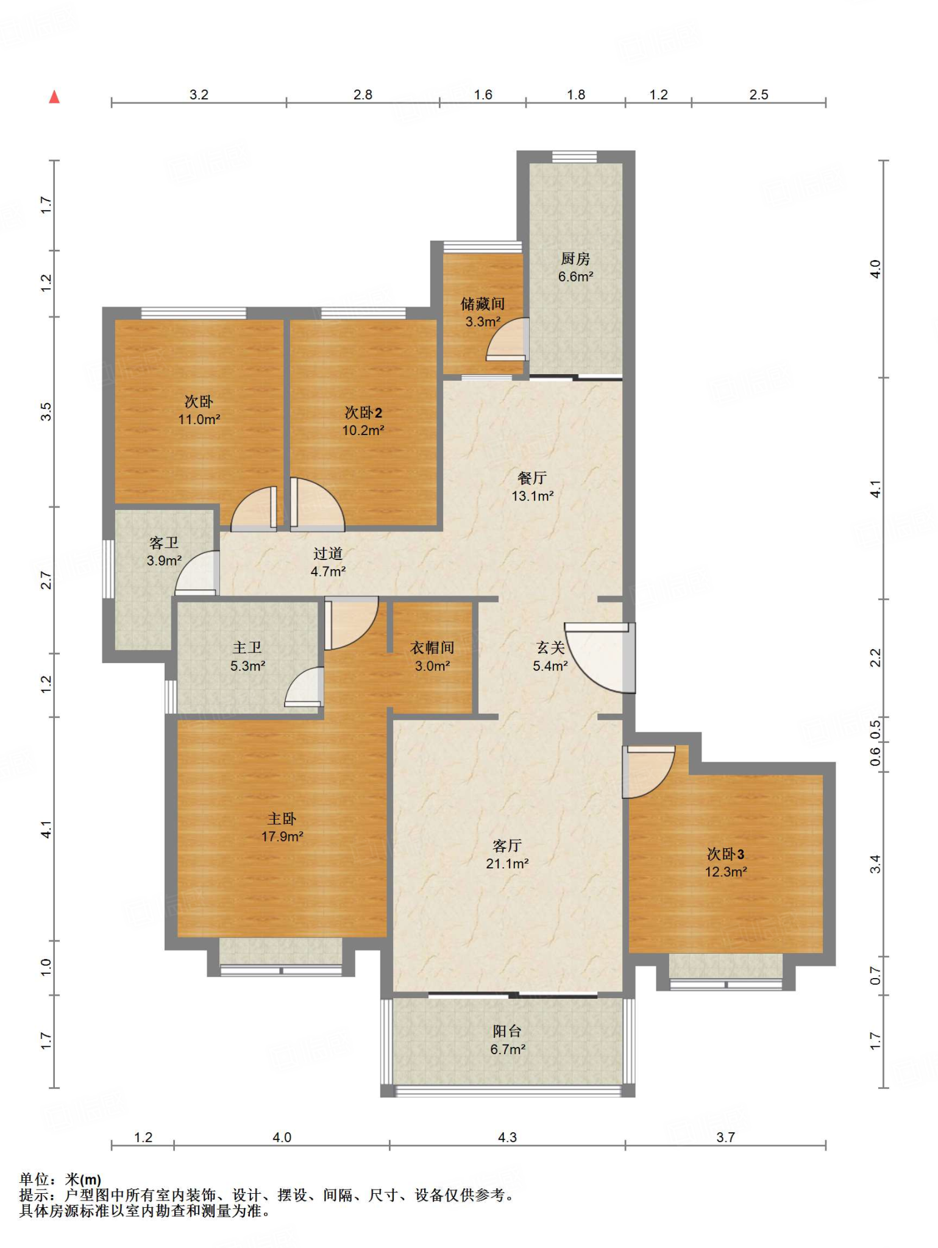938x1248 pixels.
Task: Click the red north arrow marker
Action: tap(54, 97)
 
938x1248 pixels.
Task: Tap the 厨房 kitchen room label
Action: tap(575, 259)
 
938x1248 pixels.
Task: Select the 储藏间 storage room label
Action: tap(483, 304)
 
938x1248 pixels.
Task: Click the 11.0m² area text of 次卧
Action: tap(199, 419)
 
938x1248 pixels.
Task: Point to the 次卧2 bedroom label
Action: tap(363, 413)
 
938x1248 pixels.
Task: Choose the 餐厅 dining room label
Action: tap(532, 478)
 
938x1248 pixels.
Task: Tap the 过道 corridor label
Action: tap(328, 553)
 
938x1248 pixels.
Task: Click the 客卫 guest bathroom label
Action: tap(164, 543)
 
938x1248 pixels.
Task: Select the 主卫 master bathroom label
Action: tap(247, 648)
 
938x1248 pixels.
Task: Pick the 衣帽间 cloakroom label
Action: tap(432, 648)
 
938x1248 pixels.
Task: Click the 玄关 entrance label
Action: tap(550, 648)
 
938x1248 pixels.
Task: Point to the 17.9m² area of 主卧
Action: tap(282, 837)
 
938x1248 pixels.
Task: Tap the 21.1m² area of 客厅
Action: tap(507, 863)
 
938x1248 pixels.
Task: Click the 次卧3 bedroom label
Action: tap(725, 854)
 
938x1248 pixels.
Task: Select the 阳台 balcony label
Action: tap(507, 1031)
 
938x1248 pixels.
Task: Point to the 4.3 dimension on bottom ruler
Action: tap(507, 1137)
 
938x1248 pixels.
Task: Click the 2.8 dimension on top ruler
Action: tap(363, 94)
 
